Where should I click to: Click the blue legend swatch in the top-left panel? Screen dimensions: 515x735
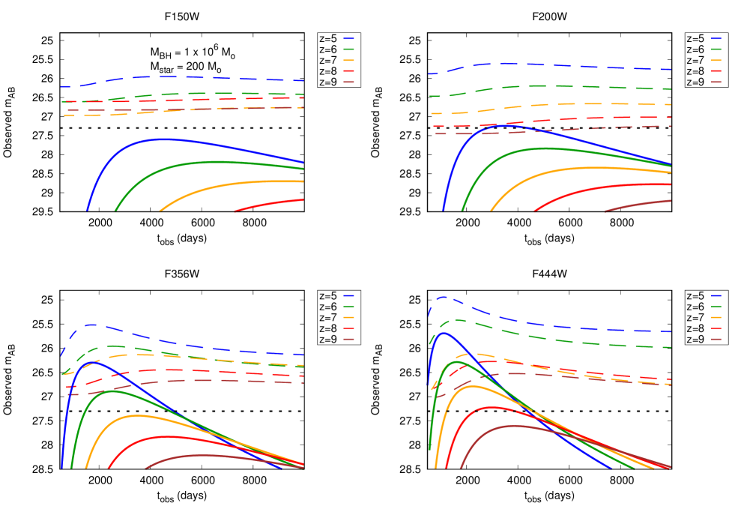pyautogui.click(x=348, y=38)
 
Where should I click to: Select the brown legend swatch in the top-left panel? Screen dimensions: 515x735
pyautogui.click(x=348, y=82)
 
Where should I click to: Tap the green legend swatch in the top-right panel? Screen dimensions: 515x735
pyautogui.click(x=716, y=49)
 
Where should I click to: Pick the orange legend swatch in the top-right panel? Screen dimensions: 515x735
pyautogui.click(x=716, y=60)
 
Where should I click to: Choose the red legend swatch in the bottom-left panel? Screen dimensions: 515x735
pyautogui.click(x=348, y=328)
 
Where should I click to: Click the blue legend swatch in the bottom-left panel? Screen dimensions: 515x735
pyautogui.click(x=348, y=296)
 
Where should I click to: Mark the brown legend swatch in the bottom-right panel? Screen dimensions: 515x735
pyautogui.click(x=716, y=339)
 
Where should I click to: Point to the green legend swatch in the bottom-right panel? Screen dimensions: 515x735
pyautogui.click(x=716, y=307)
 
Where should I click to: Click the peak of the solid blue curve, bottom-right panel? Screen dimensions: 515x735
pyautogui.click(x=444, y=333)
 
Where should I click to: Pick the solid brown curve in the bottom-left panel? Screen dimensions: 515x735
pyautogui.click(x=202, y=454)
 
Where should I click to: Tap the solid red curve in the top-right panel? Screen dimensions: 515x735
pyautogui.click(x=599, y=188)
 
